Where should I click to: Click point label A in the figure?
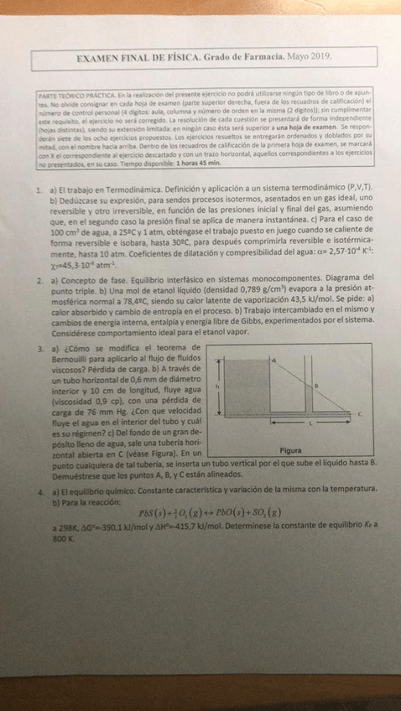pyautogui.click(x=273, y=359)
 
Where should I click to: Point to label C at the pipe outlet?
pyautogui.click(x=359, y=414)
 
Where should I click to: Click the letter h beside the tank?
pyautogui.click(x=217, y=387)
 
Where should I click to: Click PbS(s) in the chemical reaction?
pyautogui.click(x=150, y=513)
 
